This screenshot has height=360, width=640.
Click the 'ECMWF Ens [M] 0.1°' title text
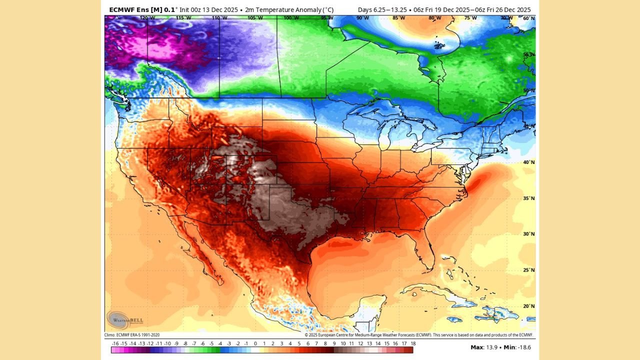(142, 10)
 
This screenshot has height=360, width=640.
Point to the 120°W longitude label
(147, 18)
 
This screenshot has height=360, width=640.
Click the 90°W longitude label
(363, 18)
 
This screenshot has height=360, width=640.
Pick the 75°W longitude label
(470, 18)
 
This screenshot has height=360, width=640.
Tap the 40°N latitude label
(528, 162)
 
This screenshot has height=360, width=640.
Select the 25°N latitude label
(528, 270)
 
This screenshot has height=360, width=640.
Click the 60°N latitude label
(528, 18)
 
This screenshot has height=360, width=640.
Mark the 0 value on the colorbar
(255, 343)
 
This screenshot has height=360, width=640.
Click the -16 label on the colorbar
(115, 343)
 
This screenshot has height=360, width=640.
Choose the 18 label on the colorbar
(413, 343)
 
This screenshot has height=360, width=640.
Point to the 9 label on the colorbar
(334, 343)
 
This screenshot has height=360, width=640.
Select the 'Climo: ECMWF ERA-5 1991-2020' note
(132, 335)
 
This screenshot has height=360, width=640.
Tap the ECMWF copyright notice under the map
(418, 335)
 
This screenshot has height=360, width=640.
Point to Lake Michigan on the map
(384, 137)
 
